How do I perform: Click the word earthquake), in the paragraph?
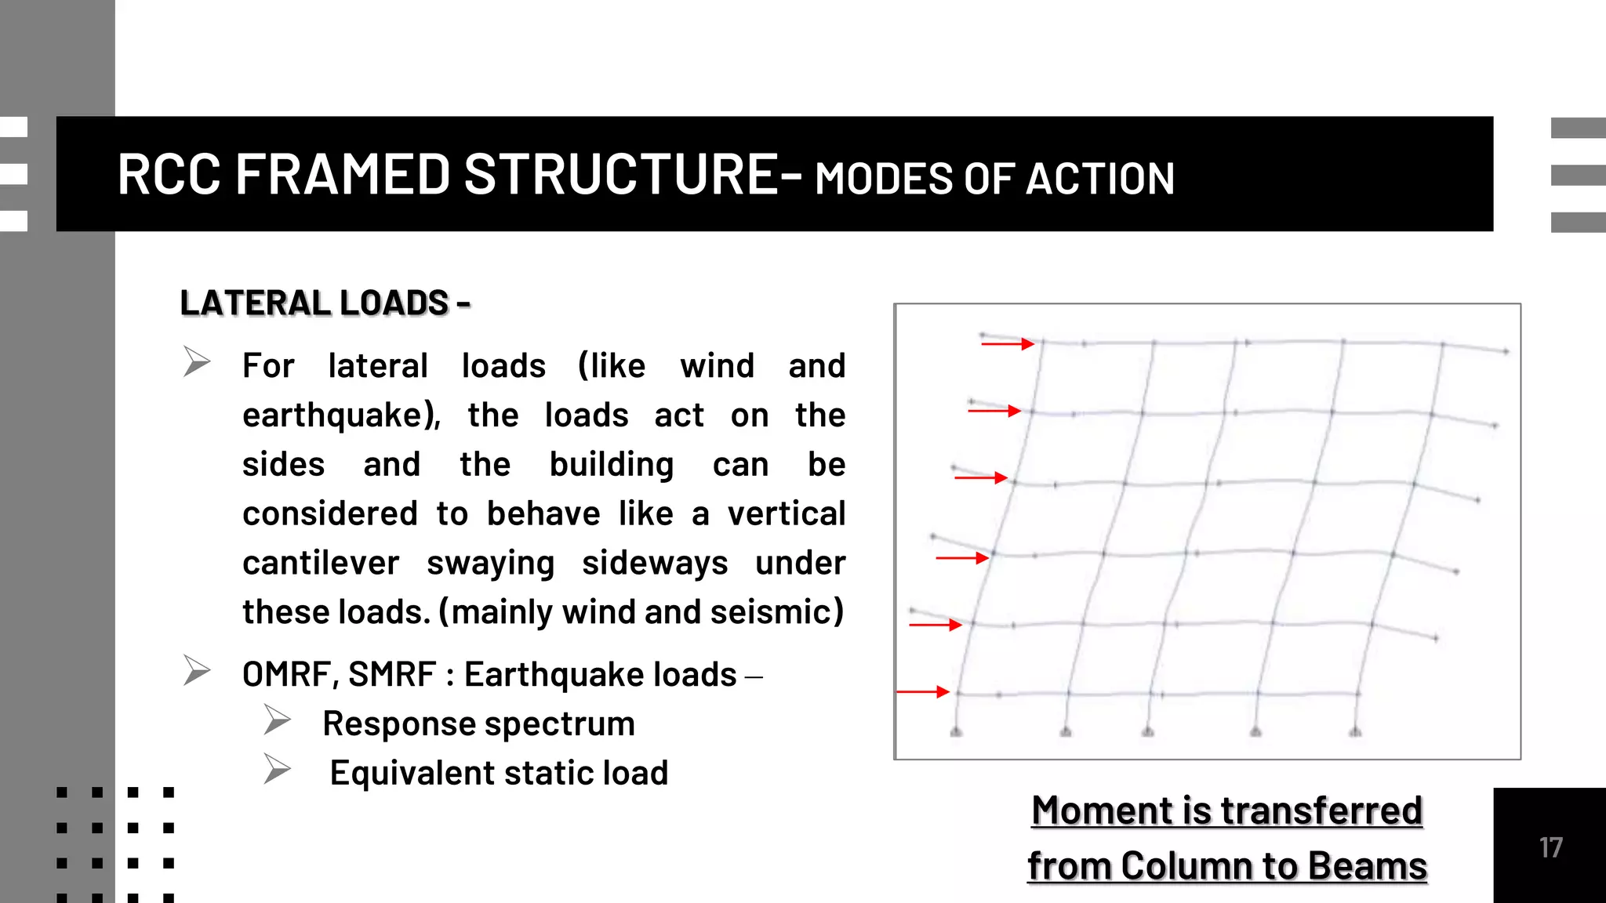pyautogui.click(x=341, y=415)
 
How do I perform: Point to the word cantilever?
pyautogui.click(x=321, y=563)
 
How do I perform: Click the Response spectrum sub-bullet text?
pyautogui.click(x=478, y=723)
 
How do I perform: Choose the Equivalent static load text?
pyautogui.click(x=499, y=773)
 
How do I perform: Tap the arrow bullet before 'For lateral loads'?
pyautogui.click(x=197, y=361)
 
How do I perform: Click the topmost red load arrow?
pyautogui.click(x=1008, y=343)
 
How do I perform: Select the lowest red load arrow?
pyautogui.click(x=923, y=691)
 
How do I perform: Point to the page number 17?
pyautogui.click(x=1550, y=847)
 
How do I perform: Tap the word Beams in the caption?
pyautogui.click(x=1367, y=866)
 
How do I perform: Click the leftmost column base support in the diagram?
pyautogui.click(x=956, y=731)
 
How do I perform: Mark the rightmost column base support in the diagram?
pyautogui.click(x=1355, y=731)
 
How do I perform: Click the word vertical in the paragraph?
pyautogui.click(x=786, y=514)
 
